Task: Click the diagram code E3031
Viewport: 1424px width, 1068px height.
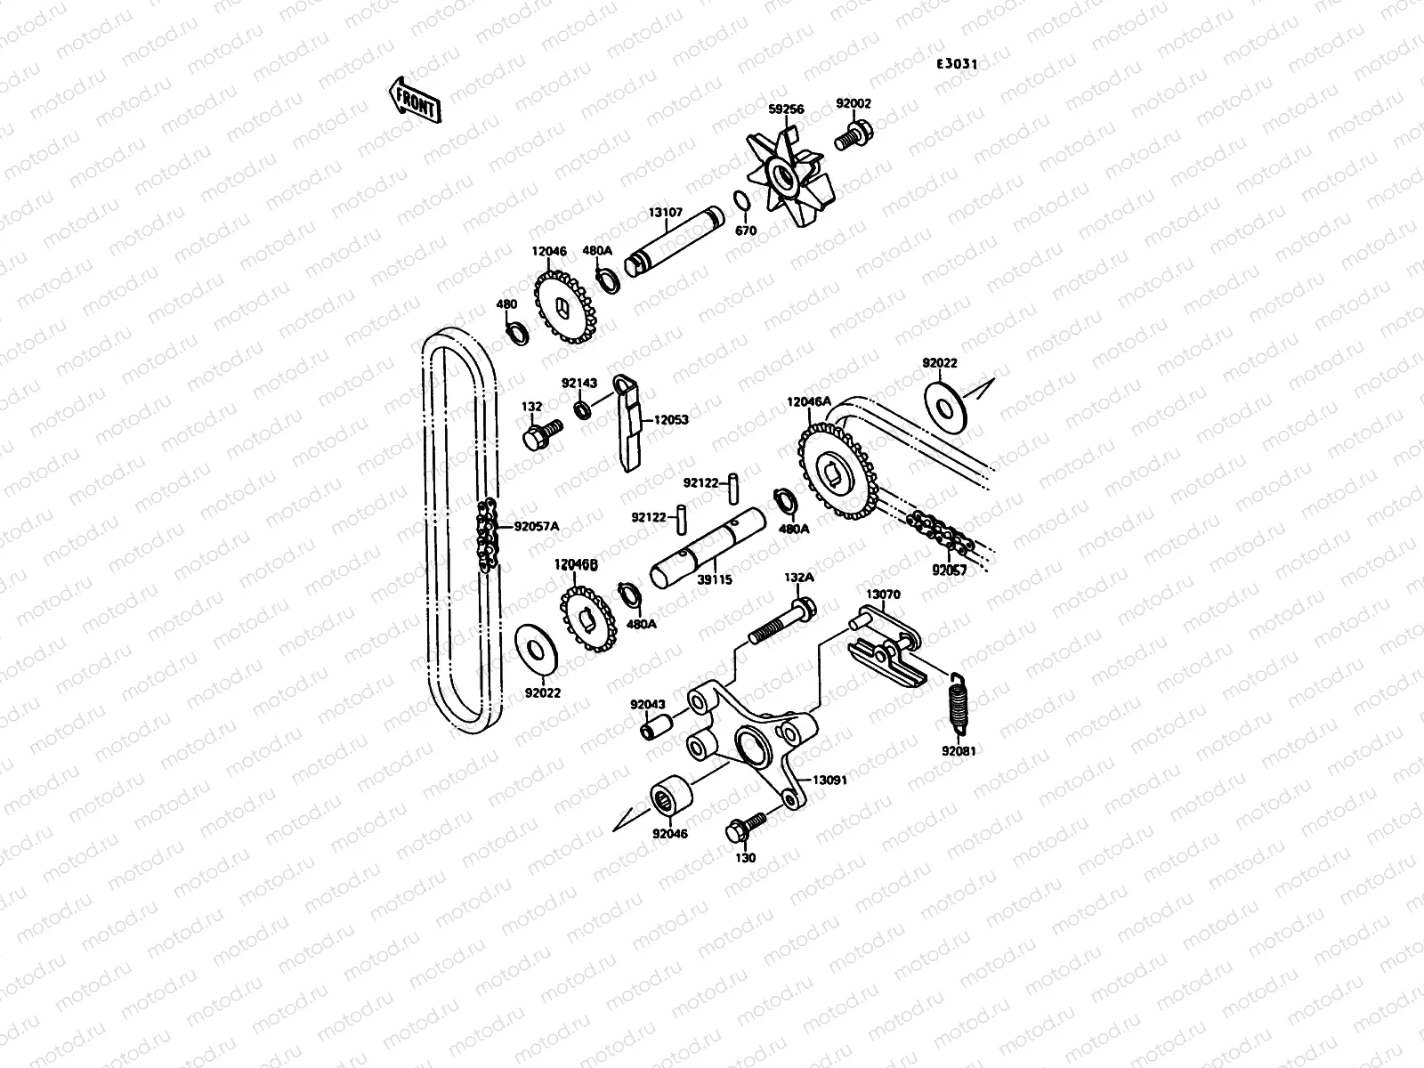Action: click(957, 64)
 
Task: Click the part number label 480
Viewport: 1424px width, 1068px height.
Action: click(506, 304)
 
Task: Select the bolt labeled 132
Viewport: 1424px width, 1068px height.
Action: click(540, 435)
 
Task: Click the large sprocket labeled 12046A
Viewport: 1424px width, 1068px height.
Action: click(834, 473)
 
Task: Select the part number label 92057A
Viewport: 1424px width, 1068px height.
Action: click(537, 526)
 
